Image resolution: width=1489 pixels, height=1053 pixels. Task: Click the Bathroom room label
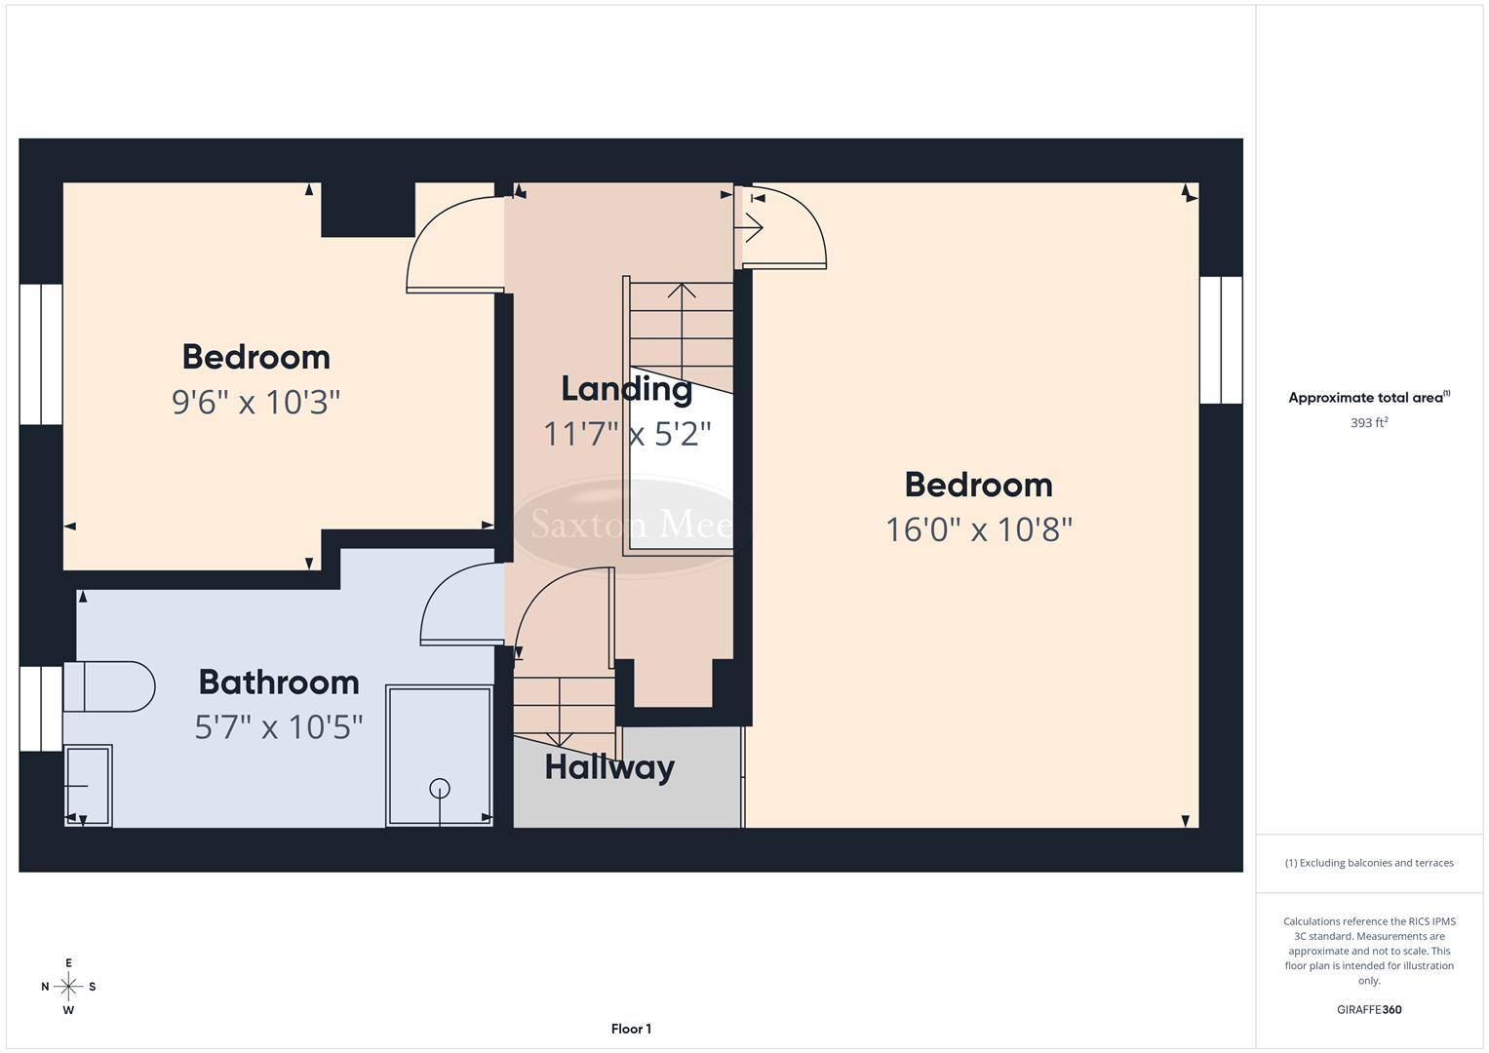click(x=279, y=682)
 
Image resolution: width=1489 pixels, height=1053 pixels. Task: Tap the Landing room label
click(x=626, y=389)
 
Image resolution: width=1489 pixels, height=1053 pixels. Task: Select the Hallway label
click(x=609, y=767)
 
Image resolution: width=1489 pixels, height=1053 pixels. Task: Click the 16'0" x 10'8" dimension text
click(x=978, y=529)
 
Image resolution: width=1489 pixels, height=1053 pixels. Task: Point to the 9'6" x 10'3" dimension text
click(x=255, y=402)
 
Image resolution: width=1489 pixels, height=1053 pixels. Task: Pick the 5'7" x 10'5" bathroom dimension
click(x=279, y=726)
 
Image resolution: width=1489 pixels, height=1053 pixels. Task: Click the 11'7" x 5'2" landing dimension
click(x=626, y=434)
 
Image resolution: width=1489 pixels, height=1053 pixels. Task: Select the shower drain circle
click(x=440, y=788)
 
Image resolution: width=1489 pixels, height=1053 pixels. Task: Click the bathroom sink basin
click(x=88, y=786)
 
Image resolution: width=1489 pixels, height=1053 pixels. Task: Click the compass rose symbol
click(x=68, y=987)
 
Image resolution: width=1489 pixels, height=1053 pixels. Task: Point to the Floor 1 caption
click(x=631, y=1029)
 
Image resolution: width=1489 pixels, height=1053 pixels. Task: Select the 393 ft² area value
click(x=1369, y=423)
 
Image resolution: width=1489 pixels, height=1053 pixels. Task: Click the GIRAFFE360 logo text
click(x=1369, y=1009)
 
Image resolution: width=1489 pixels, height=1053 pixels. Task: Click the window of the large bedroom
click(x=1220, y=340)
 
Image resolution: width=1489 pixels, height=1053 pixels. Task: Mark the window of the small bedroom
click(x=41, y=355)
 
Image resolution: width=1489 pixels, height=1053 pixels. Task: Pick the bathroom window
click(x=41, y=709)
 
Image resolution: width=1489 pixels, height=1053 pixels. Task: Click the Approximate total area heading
click(x=1369, y=397)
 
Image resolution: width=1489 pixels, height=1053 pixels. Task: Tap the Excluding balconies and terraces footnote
click(x=1369, y=863)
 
